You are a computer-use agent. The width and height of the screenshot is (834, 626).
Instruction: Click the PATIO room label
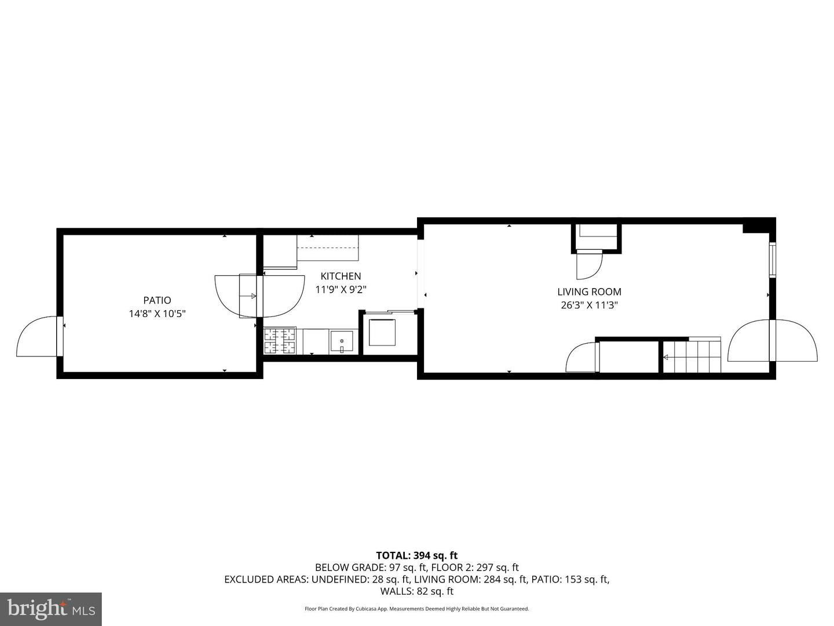pyautogui.click(x=157, y=300)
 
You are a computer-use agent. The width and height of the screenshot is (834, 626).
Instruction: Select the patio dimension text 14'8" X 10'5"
pyautogui.click(x=157, y=314)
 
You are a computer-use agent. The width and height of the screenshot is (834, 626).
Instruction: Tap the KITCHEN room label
pyautogui.click(x=341, y=276)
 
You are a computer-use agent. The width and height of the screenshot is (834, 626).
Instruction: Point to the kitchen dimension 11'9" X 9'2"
pyautogui.click(x=341, y=289)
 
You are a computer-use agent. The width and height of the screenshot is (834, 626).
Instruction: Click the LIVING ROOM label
pyautogui.click(x=589, y=292)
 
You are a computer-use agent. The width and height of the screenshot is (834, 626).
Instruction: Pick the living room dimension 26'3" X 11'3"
pyautogui.click(x=589, y=305)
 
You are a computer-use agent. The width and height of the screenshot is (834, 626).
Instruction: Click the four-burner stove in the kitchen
pyautogui.click(x=280, y=341)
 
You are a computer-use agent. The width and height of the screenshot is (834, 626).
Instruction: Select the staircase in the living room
pyautogui.click(x=692, y=355)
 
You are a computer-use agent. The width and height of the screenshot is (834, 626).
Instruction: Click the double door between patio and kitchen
pyautogui.click(x=259, y=296)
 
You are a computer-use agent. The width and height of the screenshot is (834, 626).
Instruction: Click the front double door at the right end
pyautogui.click(x=773, y=341)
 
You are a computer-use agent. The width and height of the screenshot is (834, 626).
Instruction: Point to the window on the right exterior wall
pyautogui.click(x=772, y=260)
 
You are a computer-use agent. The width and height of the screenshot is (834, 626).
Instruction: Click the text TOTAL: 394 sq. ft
pyautogui.click(x=416, y=555)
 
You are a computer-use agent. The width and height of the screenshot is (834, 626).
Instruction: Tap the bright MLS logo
pyautogui.click(x=51, y=609)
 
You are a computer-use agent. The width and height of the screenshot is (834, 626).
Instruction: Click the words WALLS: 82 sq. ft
pyautogui.click(x=416, y=591)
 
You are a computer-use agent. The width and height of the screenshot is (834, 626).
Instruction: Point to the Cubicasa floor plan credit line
pyautogui.click(x=416, y=609)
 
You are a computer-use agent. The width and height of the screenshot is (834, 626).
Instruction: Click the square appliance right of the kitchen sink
pyautogui.click(x=382, y=332)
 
